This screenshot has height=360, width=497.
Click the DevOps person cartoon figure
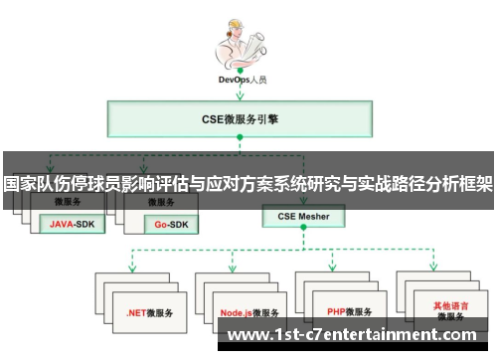(x=239, y=45)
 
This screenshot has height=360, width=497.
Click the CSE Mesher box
(x=302, y=215)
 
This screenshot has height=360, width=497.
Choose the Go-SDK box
(x=174, y=224)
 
